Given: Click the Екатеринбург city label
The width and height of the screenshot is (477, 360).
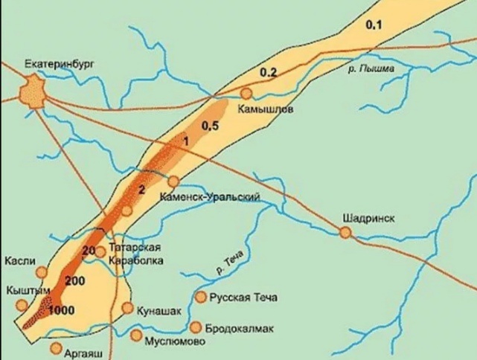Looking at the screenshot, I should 50,65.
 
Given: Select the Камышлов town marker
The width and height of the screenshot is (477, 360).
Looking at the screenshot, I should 246,94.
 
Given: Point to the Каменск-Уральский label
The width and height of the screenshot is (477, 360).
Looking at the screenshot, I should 210,197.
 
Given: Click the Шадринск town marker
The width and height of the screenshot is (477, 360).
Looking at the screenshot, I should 345,233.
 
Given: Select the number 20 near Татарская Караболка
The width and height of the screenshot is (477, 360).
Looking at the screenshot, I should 89,250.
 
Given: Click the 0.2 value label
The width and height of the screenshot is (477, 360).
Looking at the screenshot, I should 268,71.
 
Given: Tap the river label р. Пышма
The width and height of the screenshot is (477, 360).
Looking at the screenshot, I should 369,69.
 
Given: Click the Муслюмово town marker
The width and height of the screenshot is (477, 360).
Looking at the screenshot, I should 135,335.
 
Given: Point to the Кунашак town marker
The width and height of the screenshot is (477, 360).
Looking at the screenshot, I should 128,308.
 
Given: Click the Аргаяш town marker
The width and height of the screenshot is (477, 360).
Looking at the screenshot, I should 56,347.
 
